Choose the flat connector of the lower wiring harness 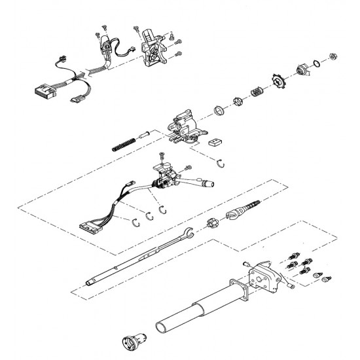pyautogui.click(x=87, y=227)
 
